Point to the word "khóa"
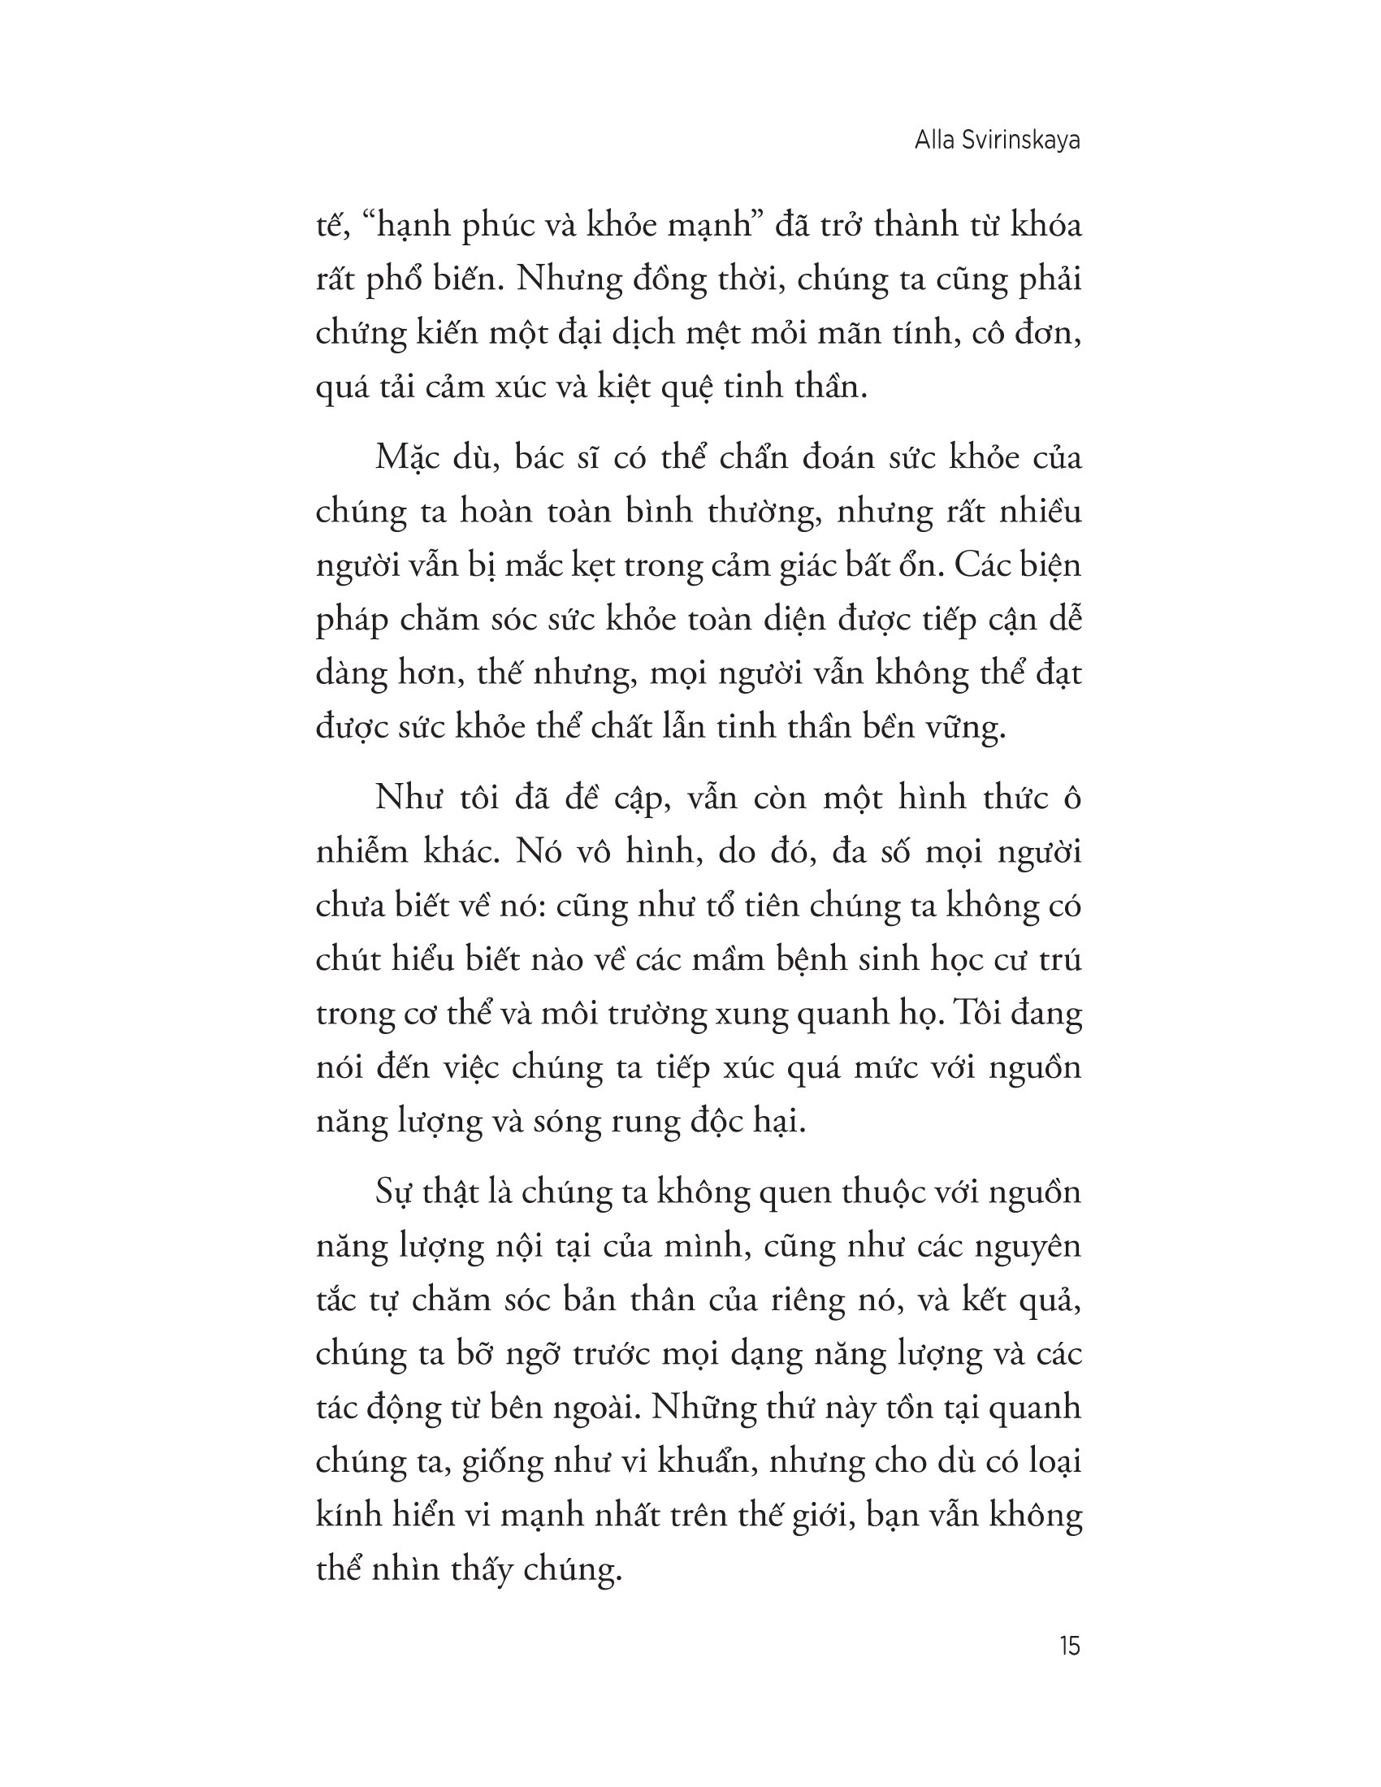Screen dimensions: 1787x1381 [x=1045, y=224]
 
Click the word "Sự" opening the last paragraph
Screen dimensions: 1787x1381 [x=393, y=1193]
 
